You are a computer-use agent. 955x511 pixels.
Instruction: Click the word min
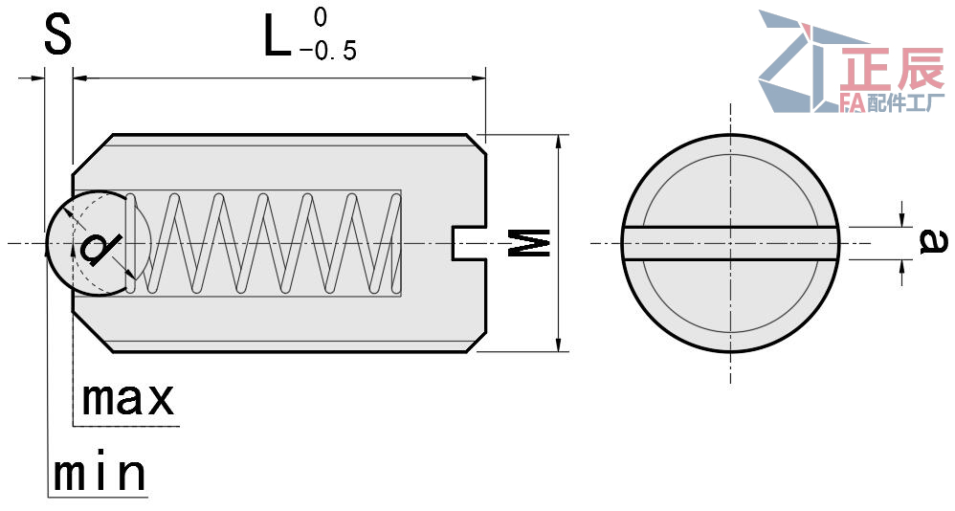coord(100,473)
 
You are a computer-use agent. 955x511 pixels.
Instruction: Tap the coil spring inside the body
coord(278,243)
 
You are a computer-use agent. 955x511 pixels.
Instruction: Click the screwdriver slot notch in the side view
coord(467,243)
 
